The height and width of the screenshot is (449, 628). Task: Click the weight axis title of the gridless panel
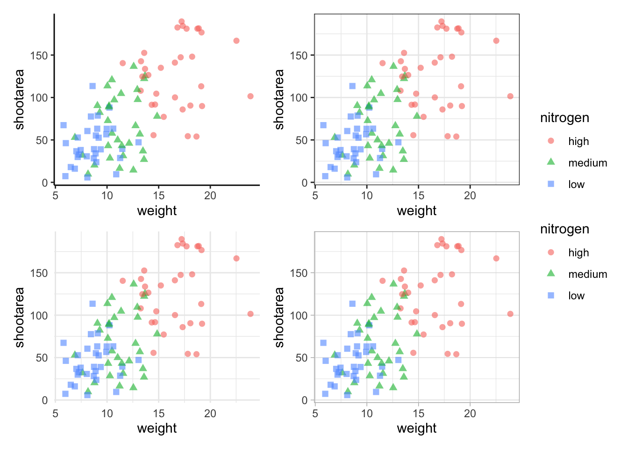tap(157, 211)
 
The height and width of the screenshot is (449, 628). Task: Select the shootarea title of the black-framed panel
tap(279, 99)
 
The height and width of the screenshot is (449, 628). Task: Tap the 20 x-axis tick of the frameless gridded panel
tap(210, 413)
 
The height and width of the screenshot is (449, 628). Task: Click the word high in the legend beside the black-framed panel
tap(578, 141)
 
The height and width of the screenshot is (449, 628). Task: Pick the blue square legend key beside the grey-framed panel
tap(551, 296)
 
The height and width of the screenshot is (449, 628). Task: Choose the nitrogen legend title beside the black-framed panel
tap(564, 118)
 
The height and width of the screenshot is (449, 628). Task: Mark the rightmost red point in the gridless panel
tap(250, 96)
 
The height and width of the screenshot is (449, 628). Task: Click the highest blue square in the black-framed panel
tap(352, 86)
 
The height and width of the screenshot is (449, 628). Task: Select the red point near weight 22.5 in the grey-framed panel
tap(496, 259)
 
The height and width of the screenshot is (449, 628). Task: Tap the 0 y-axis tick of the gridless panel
tap(44, 183)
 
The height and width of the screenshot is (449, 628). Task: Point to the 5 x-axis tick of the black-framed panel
tap(315, 196)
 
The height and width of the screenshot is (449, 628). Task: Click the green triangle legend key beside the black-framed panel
tap(551, 162)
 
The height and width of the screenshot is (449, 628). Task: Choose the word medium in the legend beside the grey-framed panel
tap(588, 274)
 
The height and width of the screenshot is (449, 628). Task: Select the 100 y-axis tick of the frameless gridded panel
tap(40, 315)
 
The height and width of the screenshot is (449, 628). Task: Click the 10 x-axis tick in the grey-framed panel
tap(367, 413)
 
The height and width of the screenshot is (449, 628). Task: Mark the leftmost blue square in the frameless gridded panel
tap(64, 343)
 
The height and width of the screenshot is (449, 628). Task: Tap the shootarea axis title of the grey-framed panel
tap(279, 317)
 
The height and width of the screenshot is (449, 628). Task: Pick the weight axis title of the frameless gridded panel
tap(157, 428)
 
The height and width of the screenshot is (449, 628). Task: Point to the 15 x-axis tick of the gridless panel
tap(159, 196)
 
